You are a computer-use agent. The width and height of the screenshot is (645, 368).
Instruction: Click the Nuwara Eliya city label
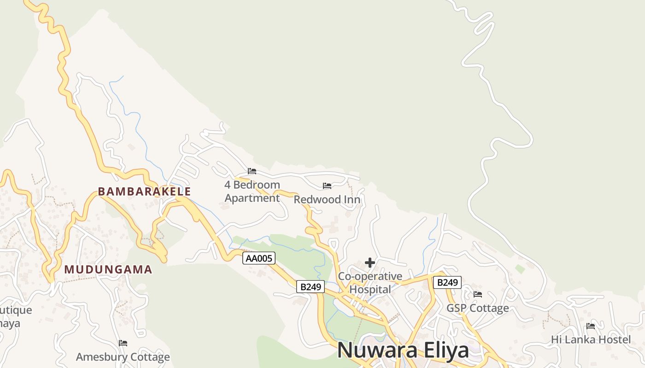403,350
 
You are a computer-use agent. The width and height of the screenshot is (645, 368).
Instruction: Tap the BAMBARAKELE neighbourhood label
144,191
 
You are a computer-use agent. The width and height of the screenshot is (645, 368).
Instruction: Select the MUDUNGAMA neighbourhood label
108,270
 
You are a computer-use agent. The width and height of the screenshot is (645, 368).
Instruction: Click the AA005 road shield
259,258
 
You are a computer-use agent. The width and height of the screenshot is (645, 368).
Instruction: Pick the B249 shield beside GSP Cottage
447,282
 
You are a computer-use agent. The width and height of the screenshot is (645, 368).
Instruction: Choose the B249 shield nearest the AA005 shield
311,287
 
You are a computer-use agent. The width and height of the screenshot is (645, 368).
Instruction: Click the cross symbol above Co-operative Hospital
369,263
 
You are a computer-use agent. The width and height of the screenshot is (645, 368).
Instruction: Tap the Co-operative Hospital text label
370,283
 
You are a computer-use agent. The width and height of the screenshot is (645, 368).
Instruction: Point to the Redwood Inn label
327,200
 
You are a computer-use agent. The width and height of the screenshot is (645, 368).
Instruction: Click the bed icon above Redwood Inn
327,186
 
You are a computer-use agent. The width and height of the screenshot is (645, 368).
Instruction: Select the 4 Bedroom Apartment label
252,191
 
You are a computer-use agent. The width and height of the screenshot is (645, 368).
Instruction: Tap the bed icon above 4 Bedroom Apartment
252,171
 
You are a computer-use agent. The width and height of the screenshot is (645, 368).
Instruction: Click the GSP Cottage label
478,308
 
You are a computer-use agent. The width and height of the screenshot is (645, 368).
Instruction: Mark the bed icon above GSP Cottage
478,294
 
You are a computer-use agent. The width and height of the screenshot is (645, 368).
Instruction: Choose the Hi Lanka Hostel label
591,340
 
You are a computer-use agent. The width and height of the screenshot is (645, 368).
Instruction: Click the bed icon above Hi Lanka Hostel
591,326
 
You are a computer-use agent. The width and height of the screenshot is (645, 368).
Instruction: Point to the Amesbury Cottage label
123,357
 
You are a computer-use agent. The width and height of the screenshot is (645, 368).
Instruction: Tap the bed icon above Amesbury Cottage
123,343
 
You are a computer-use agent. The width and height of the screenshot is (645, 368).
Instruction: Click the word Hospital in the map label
370,290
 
